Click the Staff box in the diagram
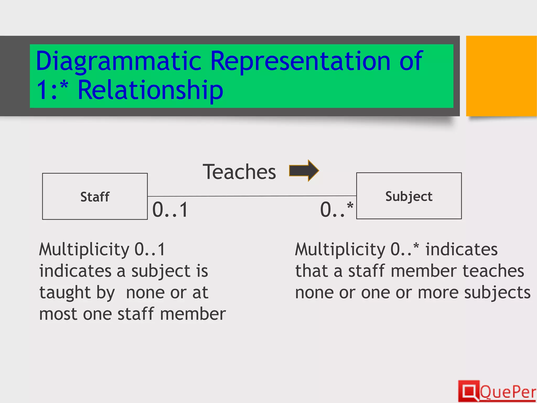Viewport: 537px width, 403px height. click(95, 196)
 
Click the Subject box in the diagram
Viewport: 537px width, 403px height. click(409, 196)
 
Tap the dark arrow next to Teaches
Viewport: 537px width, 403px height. click(304, 171)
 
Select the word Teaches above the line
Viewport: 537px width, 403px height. click(239, 172)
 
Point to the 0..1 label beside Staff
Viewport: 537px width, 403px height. click(170, 210)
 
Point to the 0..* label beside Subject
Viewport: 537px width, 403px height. click(336, 210)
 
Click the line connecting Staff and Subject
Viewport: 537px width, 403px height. click(252, 196)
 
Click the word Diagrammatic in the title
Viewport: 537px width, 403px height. click(118, 61)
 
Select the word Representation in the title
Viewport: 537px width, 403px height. click(300, 61)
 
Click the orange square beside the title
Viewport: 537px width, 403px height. click(501, 76)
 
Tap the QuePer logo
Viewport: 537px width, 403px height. click(497, 391)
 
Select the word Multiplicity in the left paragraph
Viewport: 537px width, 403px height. click(84, 249)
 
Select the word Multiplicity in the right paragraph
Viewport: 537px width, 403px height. click(340, 249)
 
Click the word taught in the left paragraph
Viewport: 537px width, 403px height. click(64, 293)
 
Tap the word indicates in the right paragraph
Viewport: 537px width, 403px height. click(461, 249)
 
